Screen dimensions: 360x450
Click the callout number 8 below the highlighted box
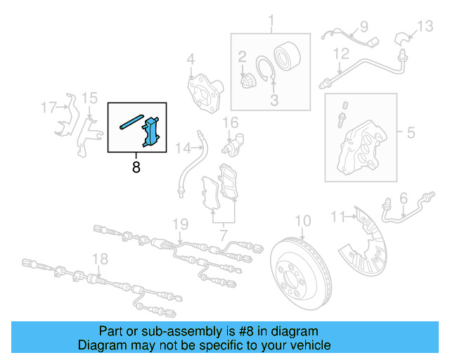[x=136, y=167]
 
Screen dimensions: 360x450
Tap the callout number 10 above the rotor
[x=302, y=220]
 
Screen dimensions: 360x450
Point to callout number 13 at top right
[x=425, y=27]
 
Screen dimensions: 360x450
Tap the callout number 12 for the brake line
[x=340, y=53]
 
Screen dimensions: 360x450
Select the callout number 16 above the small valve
[x=231, y=122]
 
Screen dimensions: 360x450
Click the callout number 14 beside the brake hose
[x=184, y=148]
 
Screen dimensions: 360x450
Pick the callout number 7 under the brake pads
[x=223, y=231]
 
